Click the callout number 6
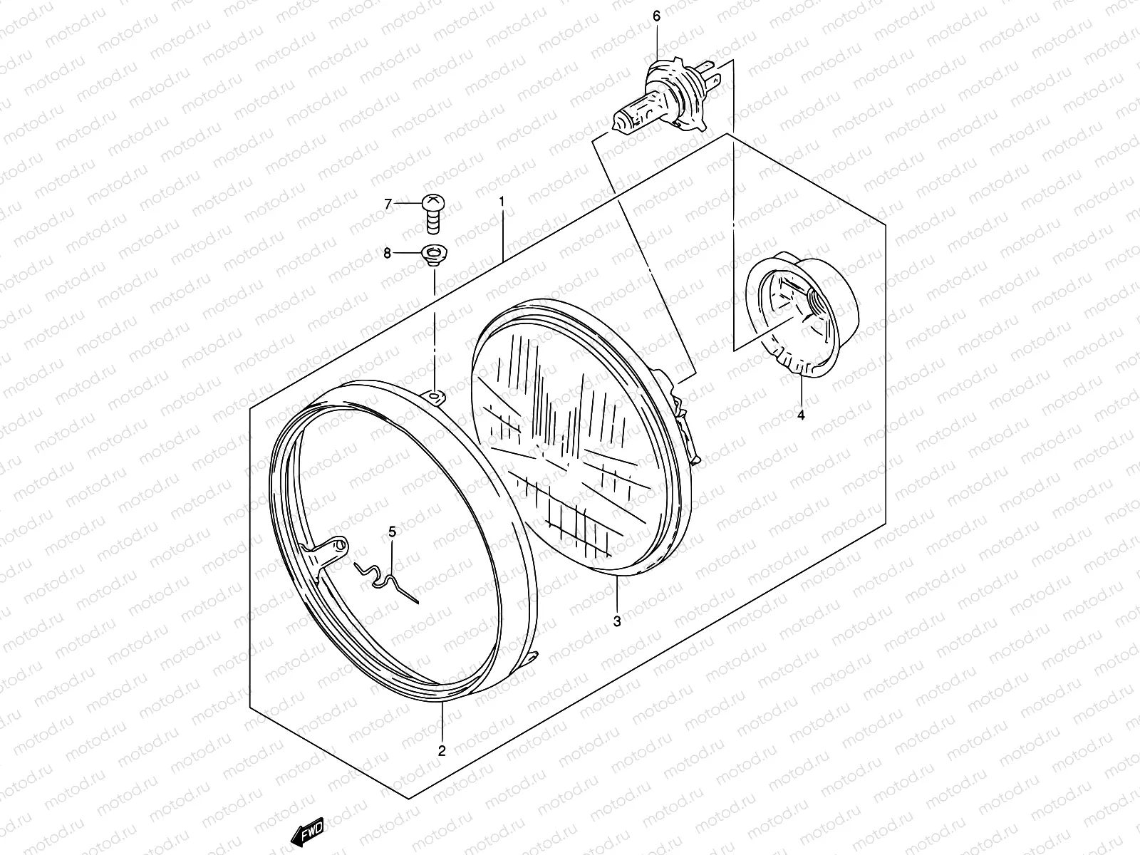[656, 16]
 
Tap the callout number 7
[388, 204]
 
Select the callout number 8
[387, 254]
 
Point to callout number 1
[502, 201]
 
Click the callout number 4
[801, 415]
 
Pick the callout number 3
[617, 621]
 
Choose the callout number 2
[442, 751]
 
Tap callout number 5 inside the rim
[392, 532]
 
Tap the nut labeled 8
[434, 256]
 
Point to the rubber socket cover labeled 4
[802, 314]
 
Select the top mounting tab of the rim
[435, 397]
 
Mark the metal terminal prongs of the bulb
[708, 73]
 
